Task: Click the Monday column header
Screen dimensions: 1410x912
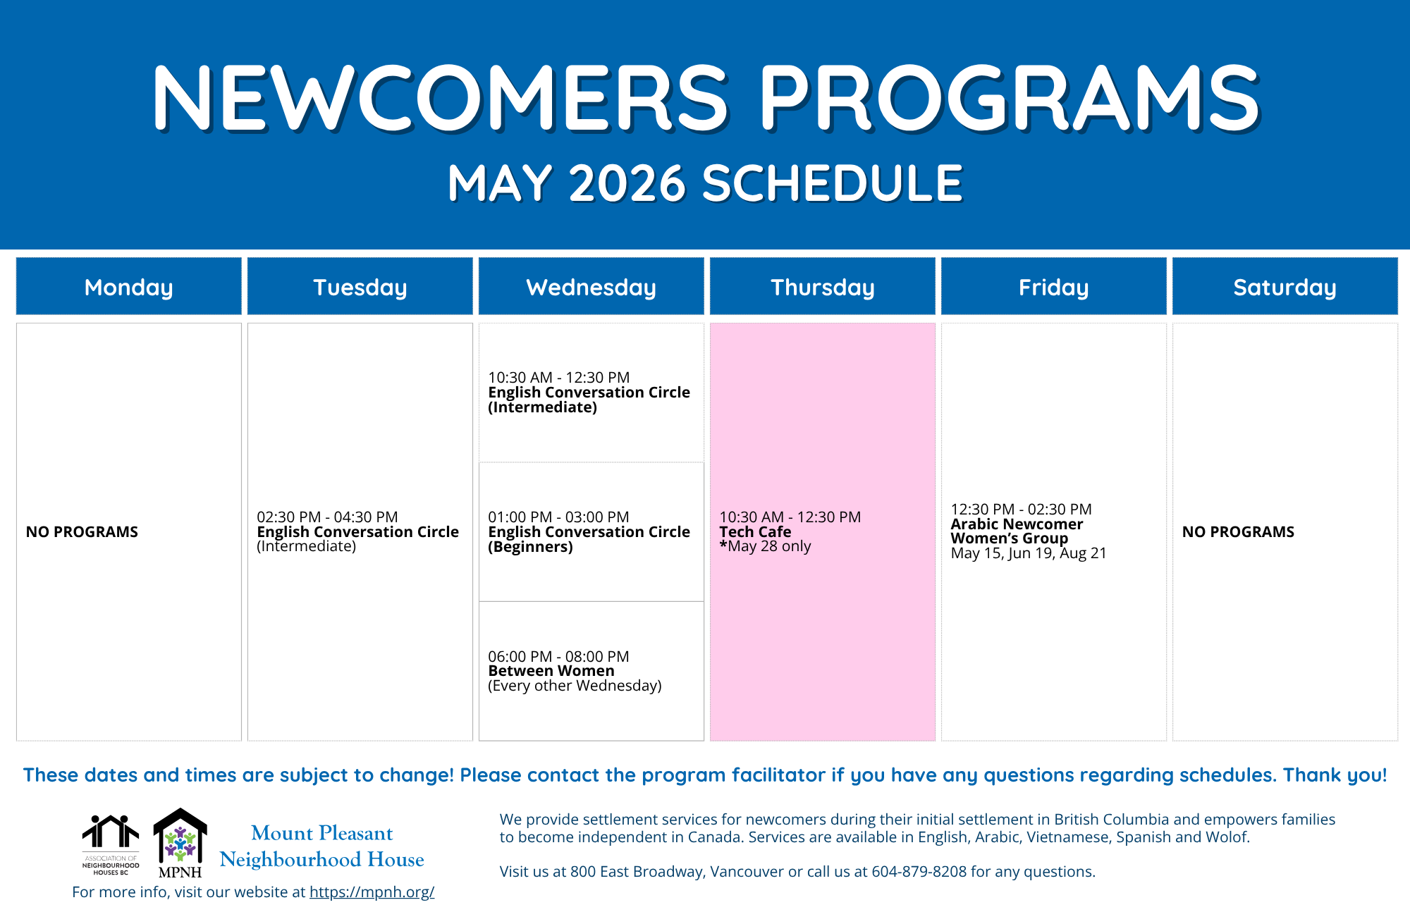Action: tap(128, 286)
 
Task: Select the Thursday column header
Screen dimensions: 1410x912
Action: tap(822, 286)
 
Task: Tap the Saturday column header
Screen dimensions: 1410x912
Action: tap(1285, 286)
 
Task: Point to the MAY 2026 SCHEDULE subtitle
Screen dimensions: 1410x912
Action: tap(705, 183)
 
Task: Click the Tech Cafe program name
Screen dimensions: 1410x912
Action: tap(755, 531)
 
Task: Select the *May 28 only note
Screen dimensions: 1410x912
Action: tap(765, 546)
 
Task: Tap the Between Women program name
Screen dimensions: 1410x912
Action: tap(551, 671)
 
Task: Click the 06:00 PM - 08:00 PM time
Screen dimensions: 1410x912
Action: tap(558, 656)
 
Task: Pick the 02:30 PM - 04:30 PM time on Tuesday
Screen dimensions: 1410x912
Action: tap(327, 517)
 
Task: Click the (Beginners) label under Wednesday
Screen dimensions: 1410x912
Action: tap(530, 547)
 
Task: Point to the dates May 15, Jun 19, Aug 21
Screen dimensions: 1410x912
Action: tap(1029, 553)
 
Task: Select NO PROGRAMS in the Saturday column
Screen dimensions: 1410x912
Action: tap(1238, 531)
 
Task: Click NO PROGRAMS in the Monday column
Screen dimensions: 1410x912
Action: tap(82, 531)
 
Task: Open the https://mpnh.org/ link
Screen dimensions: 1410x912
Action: tap(372, 892)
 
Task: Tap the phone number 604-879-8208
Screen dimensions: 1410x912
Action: tap(919, 871)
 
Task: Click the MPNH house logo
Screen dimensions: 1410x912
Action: tap(180, 843)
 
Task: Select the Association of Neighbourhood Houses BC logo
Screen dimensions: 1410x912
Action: tap(111, 845)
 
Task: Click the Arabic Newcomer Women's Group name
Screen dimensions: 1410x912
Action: tap(1017, 531)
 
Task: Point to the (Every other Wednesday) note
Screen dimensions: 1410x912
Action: tap(575, 686)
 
